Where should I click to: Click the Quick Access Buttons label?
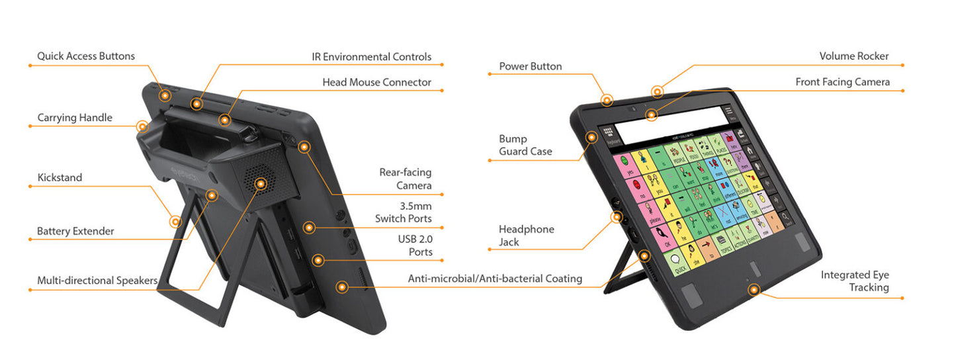coord(85,56)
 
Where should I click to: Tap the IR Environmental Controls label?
coord(371,57)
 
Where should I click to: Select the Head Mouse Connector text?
coord(376,83)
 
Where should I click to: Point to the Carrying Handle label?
coord(75,118)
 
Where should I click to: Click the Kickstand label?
coord(60,177)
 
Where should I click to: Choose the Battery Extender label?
coord(75,231)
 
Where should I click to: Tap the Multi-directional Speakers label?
coord(97,281)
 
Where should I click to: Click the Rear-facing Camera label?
coord(405,179)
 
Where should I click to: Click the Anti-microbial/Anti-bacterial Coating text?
coord(495,279)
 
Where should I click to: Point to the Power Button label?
coord(530,66)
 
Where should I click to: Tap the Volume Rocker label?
coord(853,56)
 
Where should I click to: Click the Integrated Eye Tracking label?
coord(855,281)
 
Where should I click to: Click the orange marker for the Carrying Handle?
coord(142,126)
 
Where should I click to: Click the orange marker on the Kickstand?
coord(176,222)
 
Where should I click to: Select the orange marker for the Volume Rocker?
coord(656,92)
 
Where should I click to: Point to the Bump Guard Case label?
coord(525,145)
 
